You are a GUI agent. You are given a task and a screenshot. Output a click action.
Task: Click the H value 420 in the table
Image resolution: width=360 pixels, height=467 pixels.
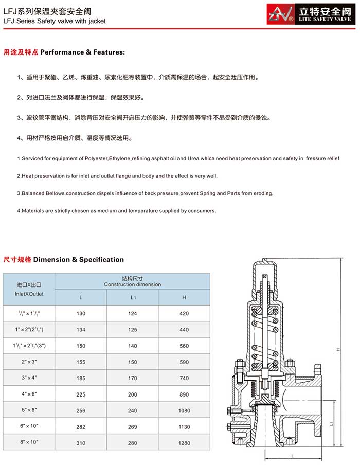[x=185, y=313]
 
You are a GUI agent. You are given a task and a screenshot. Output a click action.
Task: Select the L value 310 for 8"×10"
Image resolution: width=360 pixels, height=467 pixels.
[x=81, y=443]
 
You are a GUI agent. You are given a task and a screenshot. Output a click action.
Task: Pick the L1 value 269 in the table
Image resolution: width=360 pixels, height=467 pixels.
[x=133, y=427]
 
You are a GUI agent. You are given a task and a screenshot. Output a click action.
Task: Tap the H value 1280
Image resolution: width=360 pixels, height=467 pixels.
[x=185, y=443]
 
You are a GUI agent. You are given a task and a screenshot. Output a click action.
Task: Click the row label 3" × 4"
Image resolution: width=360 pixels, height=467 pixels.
[x=29, y=378]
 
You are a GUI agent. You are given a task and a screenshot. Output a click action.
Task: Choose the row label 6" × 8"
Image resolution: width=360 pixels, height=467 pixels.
[x=29, y=410]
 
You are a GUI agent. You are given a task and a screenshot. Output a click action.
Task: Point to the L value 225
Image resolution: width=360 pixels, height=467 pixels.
[x=81, y=394]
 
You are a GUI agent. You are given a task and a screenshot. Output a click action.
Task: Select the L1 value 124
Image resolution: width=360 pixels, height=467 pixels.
[x=133, y=313]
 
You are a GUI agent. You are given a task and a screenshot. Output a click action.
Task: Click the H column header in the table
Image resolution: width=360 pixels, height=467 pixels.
[x=185, y=297]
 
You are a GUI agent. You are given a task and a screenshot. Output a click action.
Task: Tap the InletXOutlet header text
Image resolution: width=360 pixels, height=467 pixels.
[x=29, y=294]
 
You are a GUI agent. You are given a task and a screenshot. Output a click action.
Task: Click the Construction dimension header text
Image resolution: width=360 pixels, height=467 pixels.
[x=133, y=284]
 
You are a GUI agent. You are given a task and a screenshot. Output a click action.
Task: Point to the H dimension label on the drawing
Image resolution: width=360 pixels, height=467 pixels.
[x=338, y=350]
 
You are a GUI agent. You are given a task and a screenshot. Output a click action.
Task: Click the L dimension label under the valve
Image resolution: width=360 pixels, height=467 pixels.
[x=292, y=456]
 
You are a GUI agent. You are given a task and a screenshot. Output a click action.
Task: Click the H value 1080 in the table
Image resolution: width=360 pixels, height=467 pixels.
[x=185, y=410]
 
